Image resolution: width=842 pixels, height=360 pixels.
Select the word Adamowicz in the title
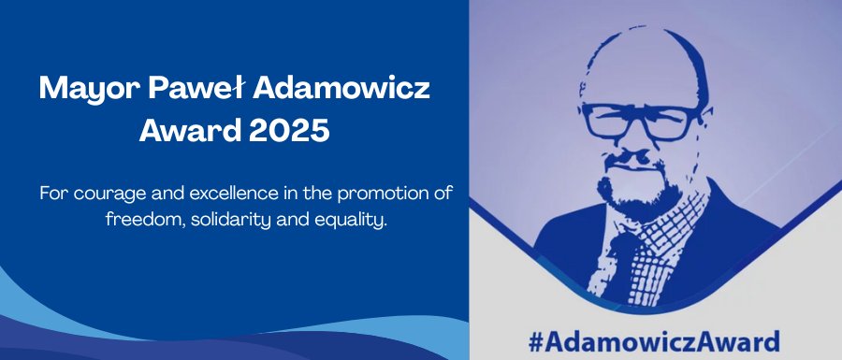tap(342, 88)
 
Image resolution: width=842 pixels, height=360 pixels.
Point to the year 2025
tap(289, 130)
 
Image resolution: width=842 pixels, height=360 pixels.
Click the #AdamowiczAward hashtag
tap(653, 341)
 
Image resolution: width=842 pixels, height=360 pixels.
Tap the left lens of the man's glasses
tap(610, 122)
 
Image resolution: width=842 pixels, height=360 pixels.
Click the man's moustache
tap(633, 161)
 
